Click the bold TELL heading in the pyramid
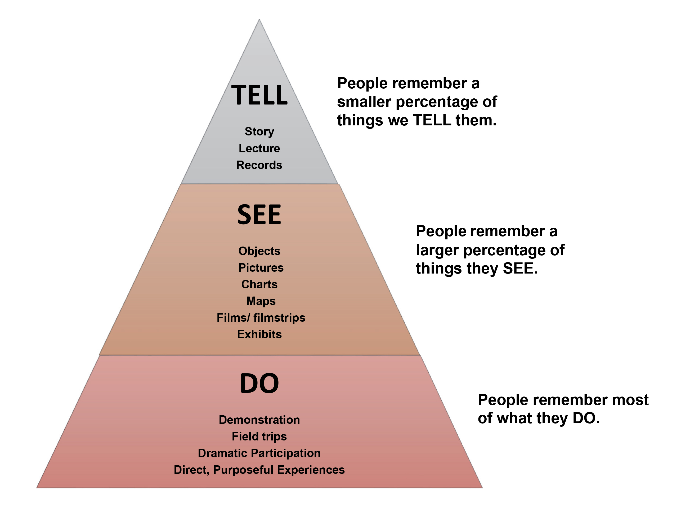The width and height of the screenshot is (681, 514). click(x=259, y=95)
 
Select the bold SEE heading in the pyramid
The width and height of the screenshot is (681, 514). click(x=259, y=215)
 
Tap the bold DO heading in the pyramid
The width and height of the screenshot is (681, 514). click(x=259, y=384)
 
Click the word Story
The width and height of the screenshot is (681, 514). click(x=259, y=132)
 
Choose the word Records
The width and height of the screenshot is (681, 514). click(x=259, y=165)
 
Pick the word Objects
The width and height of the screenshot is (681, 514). click(x=259, y=251)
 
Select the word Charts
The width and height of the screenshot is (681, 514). click(x=259, y=284)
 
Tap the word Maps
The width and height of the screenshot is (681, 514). click(x=261, y=301)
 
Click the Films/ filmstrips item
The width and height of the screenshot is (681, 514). click(x=261, y=318)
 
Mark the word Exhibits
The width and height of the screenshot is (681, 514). click(x=259, y=334)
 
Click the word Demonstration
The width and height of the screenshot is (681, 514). click(x=259, y=420)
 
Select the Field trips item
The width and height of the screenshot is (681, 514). click(x=259, y=436)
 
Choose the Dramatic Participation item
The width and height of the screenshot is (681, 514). click(x=259, y=453)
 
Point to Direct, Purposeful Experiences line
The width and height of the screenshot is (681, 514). click(x=259, y=470)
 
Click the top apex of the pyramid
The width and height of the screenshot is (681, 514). click(x=259, y=20)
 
